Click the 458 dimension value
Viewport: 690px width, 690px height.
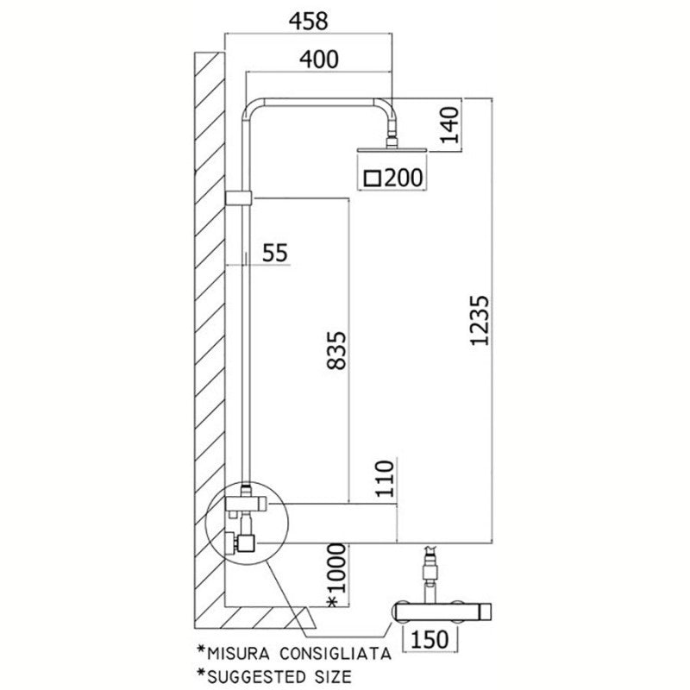point(308,22)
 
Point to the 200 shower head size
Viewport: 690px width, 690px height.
point(403,179)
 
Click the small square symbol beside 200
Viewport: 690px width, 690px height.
point(373,179)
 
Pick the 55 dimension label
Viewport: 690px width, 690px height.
point(274,253)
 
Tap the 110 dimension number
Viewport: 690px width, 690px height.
point(386,481)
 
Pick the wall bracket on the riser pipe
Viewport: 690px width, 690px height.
point(238,198)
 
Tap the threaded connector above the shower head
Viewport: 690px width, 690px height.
point(393,135)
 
